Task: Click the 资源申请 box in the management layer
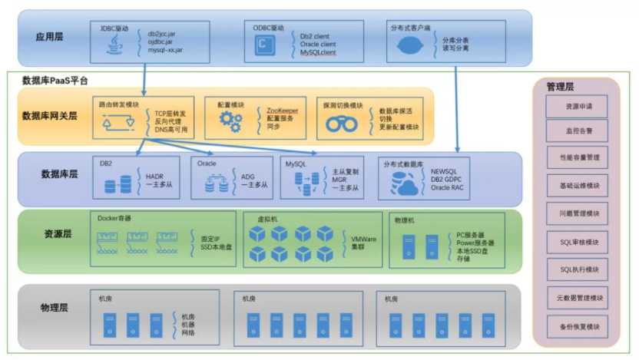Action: pyautogui.click(x=577, y=106)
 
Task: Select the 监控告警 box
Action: pyautogui.click(x=577, y=132)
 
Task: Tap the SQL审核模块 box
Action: pyautogui.click(x=577, y=243)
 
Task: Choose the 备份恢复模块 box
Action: pyautogui.click(x=577, y=326)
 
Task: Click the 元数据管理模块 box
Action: pyautogui.click(x=577, y=298)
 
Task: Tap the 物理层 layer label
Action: pyautogui.click(x=55, y=309)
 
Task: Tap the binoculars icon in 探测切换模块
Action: pyautogui.click(x=339, y=124)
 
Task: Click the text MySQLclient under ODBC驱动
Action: pyautogui.click(x=318, y=54)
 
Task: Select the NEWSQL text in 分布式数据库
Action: pyautogui.click(x=444, y=171)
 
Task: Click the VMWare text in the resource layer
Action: pyautogui.click(x=364, y=239)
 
